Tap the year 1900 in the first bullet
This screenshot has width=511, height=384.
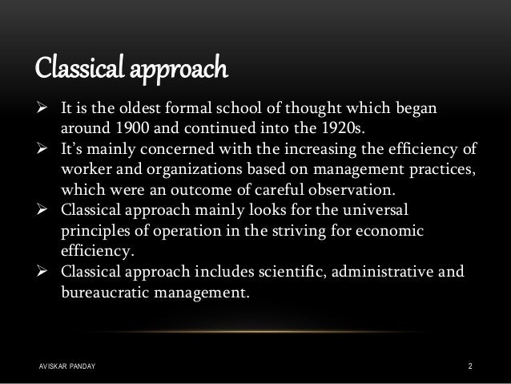[x=130, y=129]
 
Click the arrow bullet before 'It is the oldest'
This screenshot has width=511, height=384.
[x=46, y=108]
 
